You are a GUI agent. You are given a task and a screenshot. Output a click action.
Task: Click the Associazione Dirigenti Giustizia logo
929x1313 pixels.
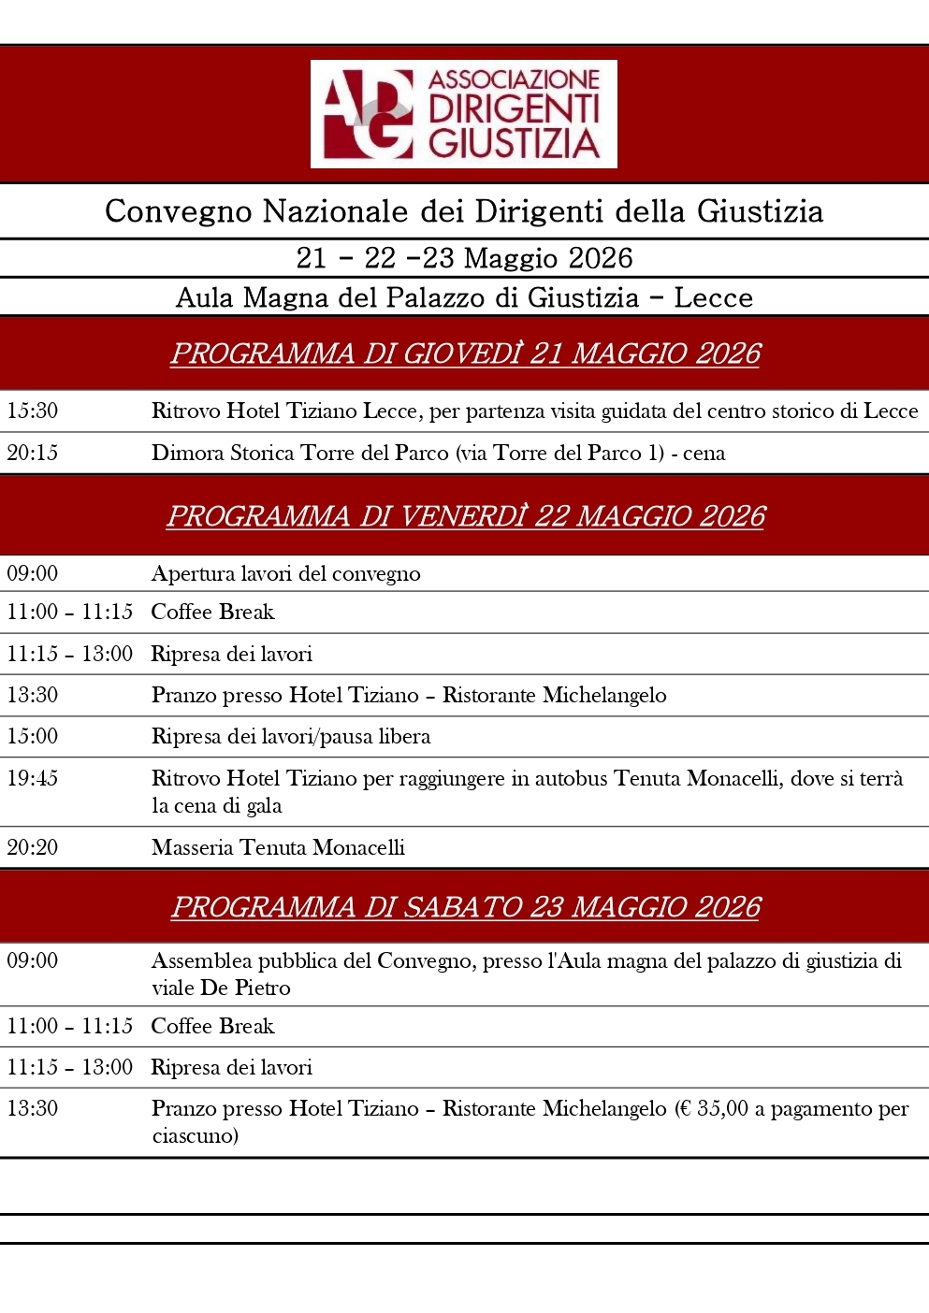click(463, 114)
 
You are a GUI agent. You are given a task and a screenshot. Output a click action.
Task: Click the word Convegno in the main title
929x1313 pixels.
click(178, 211)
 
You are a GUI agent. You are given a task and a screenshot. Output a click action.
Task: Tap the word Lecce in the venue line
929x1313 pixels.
click(713, 297)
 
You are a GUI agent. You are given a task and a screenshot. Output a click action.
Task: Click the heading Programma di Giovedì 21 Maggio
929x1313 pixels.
click(465, 353)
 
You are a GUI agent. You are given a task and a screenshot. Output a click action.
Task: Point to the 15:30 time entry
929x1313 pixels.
click(33, 411)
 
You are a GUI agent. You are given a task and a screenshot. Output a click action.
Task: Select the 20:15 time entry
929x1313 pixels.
click(33, 453)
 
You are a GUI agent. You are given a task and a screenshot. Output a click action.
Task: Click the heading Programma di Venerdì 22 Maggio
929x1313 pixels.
click(465, 516)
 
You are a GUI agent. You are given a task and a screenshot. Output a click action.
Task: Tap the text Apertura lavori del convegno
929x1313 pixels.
click(285, 573)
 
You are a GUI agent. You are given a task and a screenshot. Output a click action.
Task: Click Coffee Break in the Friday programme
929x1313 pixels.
click(212, 612)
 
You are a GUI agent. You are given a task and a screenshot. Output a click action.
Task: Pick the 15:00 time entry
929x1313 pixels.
click(33, 736)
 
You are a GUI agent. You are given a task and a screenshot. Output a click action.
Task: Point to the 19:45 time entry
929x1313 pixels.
click(33, 778)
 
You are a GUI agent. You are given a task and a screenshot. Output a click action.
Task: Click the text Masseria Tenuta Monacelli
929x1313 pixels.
click(278, 847)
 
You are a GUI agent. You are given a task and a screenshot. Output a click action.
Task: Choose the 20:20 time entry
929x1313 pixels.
click(33, 847)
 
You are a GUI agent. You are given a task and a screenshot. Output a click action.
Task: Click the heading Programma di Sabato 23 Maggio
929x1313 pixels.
click(465, 907)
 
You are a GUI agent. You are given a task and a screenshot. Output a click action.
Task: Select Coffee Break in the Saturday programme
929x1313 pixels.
click(212, 1026)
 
